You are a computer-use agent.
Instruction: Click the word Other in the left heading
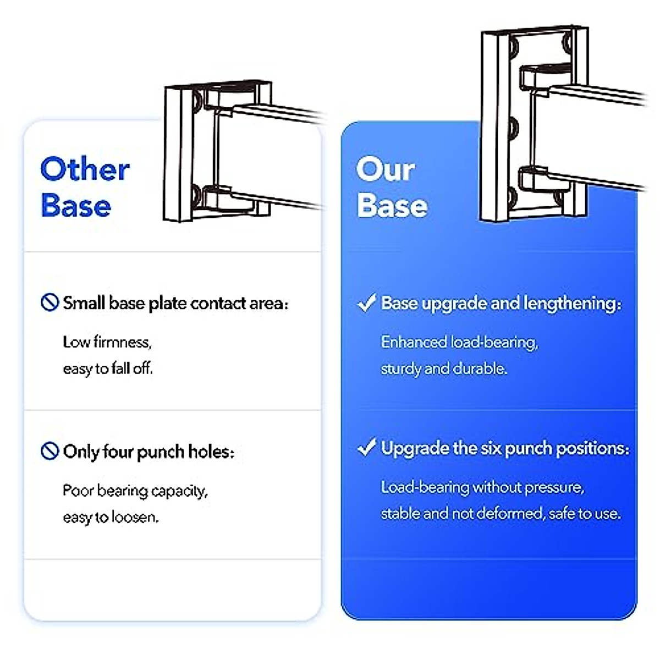coord(85,169)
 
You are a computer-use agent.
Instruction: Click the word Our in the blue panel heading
coord(385,169)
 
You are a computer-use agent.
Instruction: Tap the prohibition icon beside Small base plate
coord(50,302)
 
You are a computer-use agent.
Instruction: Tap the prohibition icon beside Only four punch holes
coord(50,451)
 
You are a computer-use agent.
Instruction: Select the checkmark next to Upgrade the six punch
coord(366,448)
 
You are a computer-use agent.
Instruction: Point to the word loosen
coord(135,518)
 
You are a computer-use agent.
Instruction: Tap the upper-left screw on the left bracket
coord(196,100)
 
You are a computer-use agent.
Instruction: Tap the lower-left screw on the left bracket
coord(195,193)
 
